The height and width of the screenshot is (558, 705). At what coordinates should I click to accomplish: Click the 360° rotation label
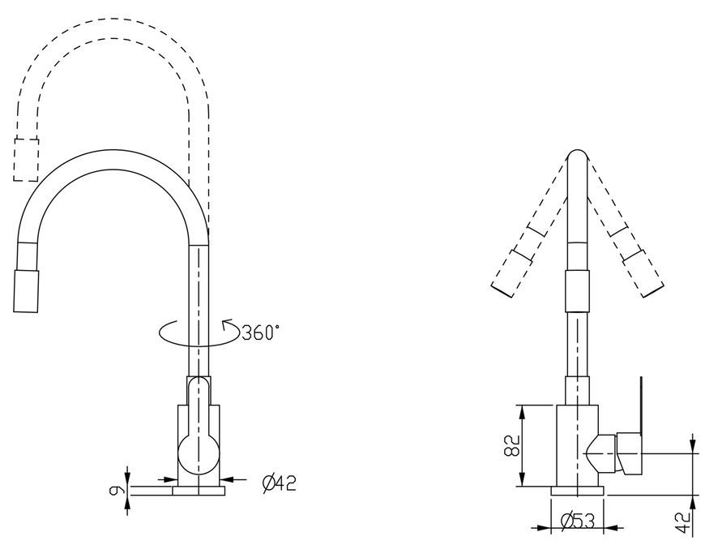tap(260, 333)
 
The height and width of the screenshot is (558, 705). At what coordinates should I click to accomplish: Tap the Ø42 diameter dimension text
tap(280, 483)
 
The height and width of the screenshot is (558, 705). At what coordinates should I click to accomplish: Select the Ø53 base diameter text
tap(578, 522)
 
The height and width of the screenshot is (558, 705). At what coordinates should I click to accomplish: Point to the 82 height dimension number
tap(511, 445)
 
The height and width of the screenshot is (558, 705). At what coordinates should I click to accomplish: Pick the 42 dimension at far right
tap(684, 522)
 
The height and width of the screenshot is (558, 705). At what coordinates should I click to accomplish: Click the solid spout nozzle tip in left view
tap(26, 290)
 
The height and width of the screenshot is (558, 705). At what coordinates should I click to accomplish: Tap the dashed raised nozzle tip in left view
tap(26, 160)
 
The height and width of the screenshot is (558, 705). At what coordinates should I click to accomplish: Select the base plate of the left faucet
tap(199, 491)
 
